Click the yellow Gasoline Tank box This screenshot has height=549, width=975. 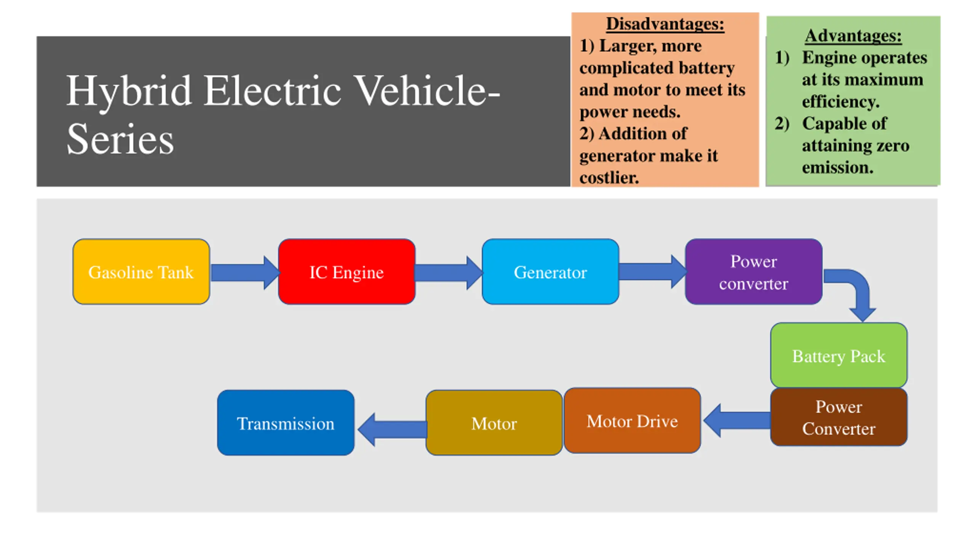click(x=141, y=271)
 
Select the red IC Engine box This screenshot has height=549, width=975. click(x=347, y=271)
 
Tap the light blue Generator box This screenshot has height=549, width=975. click(x=550, y=271)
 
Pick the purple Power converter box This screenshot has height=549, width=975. click(x=753, y=271)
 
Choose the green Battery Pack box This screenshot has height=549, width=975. click(x=839, y=355)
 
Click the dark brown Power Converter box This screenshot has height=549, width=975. click(x=839, y=417)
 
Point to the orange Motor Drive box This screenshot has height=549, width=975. click(x=632, y=421)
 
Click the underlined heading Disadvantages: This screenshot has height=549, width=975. click(x=665, y=24)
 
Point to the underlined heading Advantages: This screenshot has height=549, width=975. click(x=853, y=36)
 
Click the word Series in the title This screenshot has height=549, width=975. click(x=120, y=140)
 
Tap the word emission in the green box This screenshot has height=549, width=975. click(x=837, y=167)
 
